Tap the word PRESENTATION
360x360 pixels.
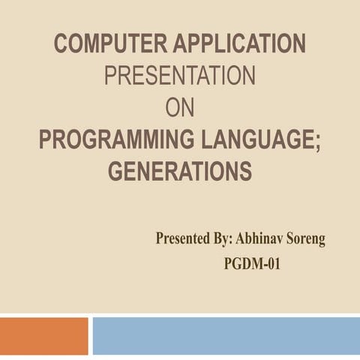[179, 77]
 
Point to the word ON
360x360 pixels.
[179, 109]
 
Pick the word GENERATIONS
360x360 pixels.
[179, 172]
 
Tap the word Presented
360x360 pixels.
[182, 240]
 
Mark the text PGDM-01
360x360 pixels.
[252, 264]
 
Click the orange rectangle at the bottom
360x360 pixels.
[43, 335]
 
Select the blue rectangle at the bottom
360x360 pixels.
[226, 335]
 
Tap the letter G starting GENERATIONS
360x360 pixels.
[115, 172]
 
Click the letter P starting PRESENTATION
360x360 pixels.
[110, 77]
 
